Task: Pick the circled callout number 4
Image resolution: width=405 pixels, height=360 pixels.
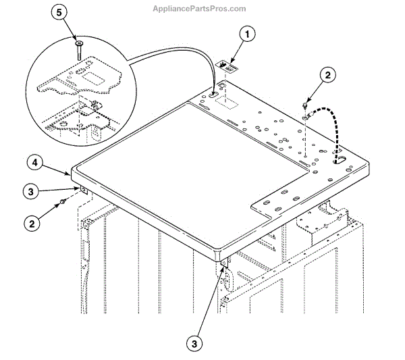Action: pyautogui.click(x=36, y=163)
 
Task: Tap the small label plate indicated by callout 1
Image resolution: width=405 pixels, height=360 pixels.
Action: pyautogui.click(x=227, y=66)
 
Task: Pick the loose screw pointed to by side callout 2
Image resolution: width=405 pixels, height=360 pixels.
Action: pyautogui.click(x=62, y=201)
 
